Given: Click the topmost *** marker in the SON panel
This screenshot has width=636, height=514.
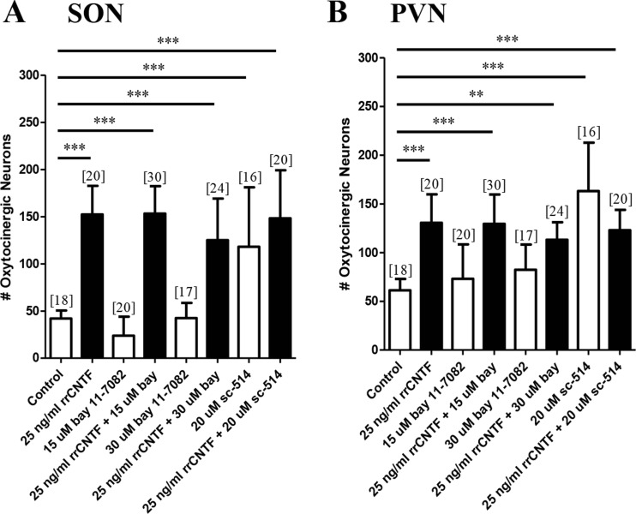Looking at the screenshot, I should [x=166, y=40].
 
